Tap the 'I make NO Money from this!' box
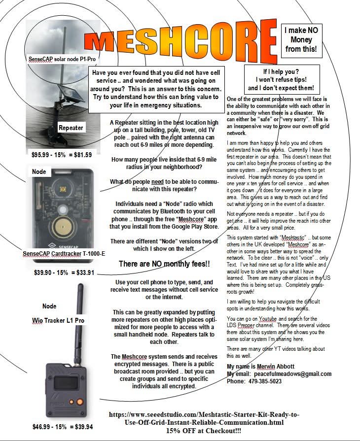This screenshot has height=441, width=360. click(x=301, y=40)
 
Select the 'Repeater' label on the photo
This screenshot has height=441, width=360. click(x=71, y=128)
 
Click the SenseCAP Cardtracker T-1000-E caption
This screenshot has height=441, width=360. click(x=64, y=254)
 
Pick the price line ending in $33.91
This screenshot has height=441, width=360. click(x=64, y=271)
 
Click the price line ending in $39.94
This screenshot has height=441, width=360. click(x=63, y=427)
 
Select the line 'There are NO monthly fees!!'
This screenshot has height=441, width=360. click(x=164, y=265)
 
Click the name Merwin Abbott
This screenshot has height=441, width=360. click(x=279, y=367)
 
